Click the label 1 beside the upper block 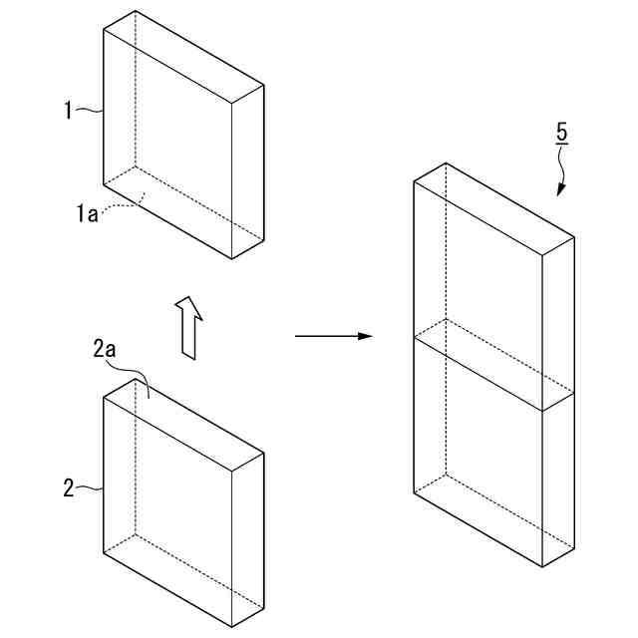click(x=69, y=111)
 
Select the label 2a click(x=105, y=350)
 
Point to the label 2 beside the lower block click(x=69, y=488)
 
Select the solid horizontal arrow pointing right click(x=333, y=337)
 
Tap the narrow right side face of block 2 click(x=247, y=538)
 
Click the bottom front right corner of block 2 click(x=232, y=627)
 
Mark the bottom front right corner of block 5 click(x=542, y=566)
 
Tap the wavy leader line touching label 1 click(x=91, y=111)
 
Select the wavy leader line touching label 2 click(x=91, y=488)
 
